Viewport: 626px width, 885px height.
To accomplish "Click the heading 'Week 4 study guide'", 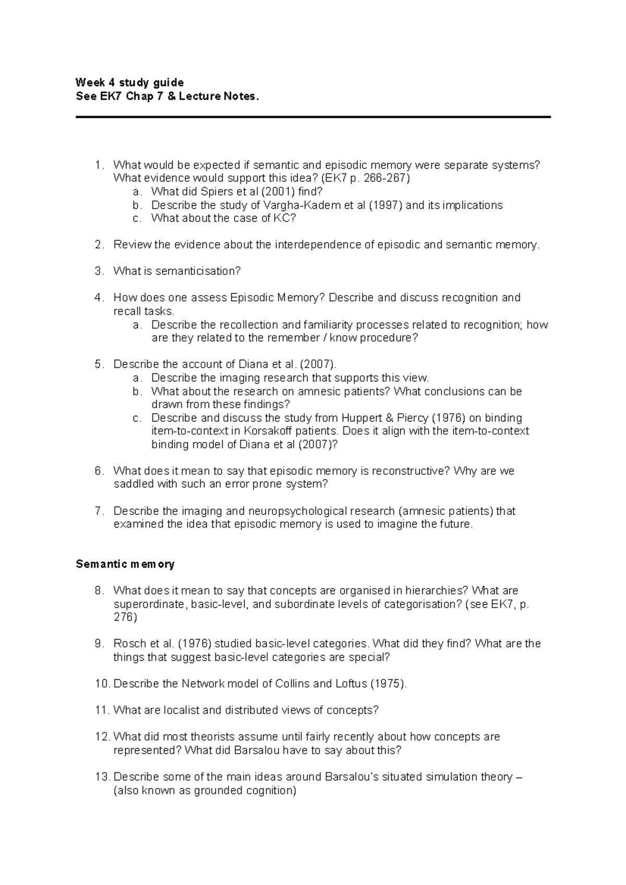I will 129,82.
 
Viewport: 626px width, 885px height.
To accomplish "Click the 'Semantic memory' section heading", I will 125,564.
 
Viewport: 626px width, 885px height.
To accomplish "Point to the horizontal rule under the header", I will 313,117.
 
